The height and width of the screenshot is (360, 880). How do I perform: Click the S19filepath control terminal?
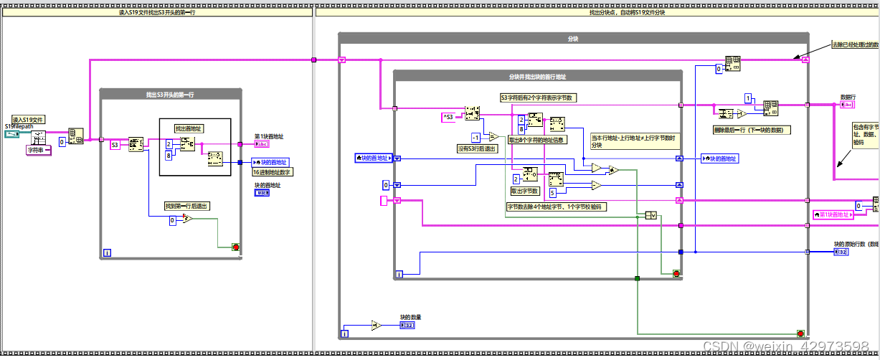tap(14, 134)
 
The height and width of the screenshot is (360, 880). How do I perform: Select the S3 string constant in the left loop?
tap(115, 145)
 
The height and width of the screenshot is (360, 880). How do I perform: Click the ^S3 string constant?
tap(448, 116)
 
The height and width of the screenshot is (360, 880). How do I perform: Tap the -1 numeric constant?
tap(475, 137)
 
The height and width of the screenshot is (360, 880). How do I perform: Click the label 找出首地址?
tap(189, 128)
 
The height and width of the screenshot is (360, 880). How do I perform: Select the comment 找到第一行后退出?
tap(187, 206)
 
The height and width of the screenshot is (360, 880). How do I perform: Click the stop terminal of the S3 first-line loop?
tap(235, 247)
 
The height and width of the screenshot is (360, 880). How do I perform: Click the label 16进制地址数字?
tap(273, 171)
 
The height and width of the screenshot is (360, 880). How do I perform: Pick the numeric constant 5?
tap(552, 192)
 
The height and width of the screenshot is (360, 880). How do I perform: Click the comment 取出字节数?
tap(524, 191)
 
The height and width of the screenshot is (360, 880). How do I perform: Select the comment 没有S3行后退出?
tap(476, 148)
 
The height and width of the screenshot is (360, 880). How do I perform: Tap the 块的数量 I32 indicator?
tap(407, 326)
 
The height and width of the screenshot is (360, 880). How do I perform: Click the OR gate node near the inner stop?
tap(651, 215)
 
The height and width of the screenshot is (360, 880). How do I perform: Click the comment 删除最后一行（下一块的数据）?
tap(752, 130)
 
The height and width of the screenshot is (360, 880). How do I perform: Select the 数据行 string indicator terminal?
tap(846, 105)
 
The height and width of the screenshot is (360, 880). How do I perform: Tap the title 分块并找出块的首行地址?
tap(537, 77)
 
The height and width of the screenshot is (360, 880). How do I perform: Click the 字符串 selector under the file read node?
tap(38, 150)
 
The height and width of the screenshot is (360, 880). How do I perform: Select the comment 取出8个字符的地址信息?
tap(544, 141)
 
